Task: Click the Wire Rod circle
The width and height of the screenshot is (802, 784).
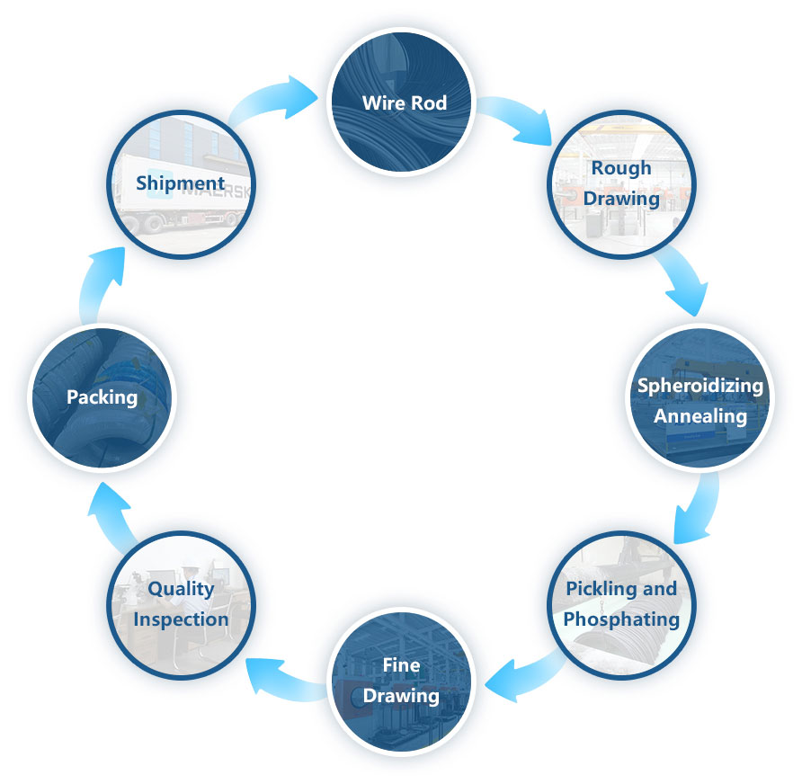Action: pyautogui.click(x=401, y=102)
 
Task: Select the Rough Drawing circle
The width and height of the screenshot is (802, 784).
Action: pyautogui.click(x=620, y=183)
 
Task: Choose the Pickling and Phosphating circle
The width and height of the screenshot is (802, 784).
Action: pyautogui.click(x=621, y=604)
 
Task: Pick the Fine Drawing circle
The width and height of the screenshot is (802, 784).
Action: pyautogui.click(x=401, y=681)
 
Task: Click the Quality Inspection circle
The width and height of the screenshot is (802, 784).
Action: pyautogui.click(x=181, y=604)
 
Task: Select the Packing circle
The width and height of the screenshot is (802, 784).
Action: pyautogui.click(x=102, y=396)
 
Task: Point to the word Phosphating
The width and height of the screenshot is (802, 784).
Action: pyautogui.click(x=621, y=619)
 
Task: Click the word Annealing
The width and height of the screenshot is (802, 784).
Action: pyautogui.click(x=700, y=416)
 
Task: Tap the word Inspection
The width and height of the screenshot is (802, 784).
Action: pyautogui.click(x=181, y=619)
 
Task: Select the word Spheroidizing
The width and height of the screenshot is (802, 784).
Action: pyautogui.click(x=700, y=386)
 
